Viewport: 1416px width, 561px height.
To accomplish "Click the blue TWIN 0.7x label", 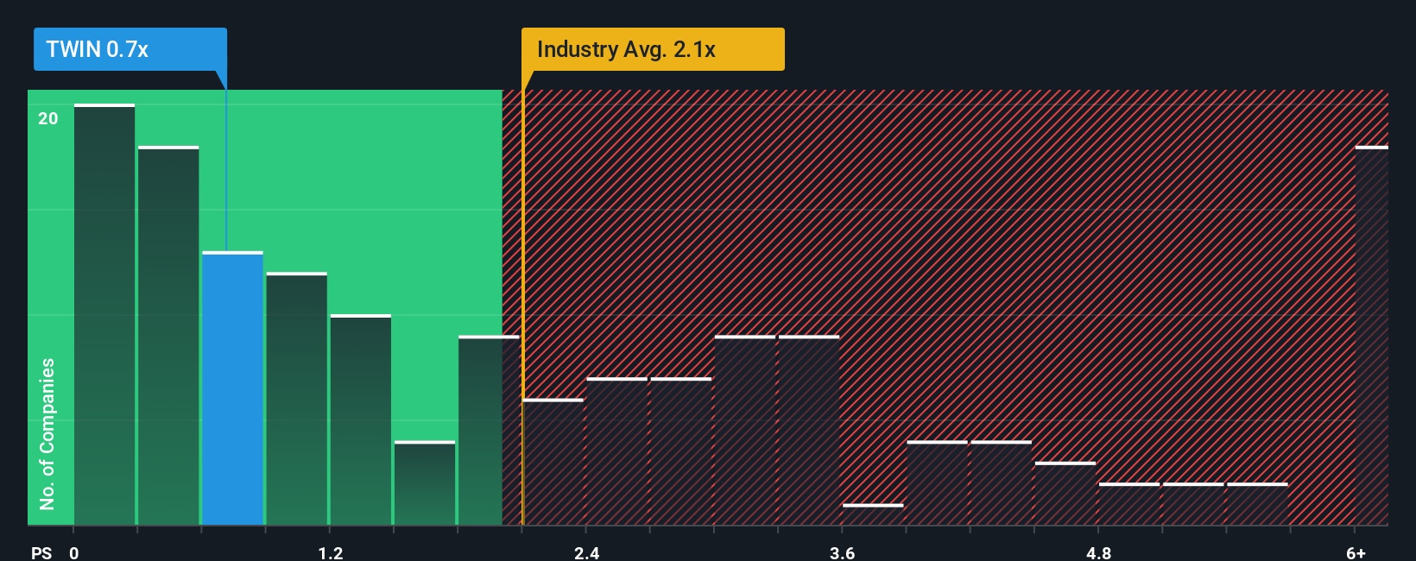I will pos(130,49).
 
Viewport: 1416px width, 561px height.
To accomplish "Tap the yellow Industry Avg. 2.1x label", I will pos(652,49).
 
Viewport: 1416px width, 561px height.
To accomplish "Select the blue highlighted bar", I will pos(232,388).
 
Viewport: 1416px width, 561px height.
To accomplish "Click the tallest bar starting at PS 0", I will pos(104,315).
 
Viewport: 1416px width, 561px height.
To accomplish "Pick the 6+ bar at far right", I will pos(1371,337).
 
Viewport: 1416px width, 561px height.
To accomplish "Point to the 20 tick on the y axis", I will pos(48,118).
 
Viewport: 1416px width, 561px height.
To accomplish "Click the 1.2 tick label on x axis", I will pos(330,552).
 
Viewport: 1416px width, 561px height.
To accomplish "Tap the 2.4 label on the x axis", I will pos(586,552).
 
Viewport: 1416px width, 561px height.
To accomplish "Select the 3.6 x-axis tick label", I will pos(842,552).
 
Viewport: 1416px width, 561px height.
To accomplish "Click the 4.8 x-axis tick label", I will pos(1098,552).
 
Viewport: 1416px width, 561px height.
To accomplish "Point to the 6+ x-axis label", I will pos(1356,552).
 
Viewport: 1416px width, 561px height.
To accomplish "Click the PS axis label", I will pos(41,552).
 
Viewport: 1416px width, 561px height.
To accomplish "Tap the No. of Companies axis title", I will pos(47,434).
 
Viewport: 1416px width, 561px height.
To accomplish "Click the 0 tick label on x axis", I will pos(74,552).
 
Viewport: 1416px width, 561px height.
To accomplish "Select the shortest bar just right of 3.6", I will pos(873,514).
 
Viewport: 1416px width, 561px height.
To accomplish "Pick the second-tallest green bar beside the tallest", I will pos(168,337).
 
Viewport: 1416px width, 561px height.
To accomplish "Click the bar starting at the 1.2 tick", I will pos(361,420).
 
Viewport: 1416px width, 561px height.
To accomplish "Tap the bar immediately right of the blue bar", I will pos(296,399).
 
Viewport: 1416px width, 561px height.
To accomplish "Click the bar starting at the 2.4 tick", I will pos(616,451).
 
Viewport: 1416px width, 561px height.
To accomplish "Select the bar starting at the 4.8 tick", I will pos(1129,504).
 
